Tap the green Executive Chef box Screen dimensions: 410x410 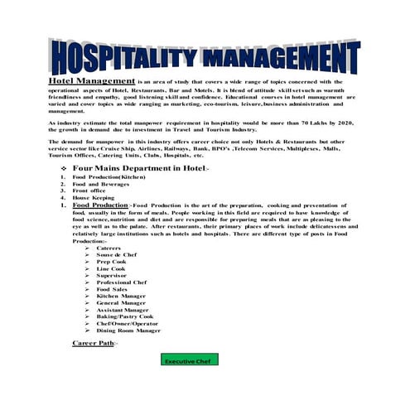[186, 361]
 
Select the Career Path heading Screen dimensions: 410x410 [94, 341]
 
